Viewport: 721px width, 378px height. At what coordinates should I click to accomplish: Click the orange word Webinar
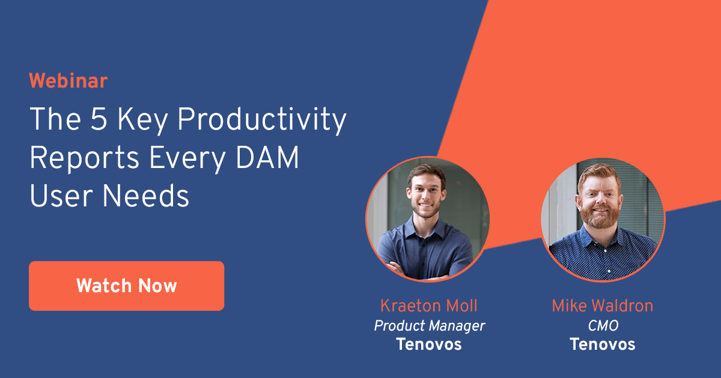68,80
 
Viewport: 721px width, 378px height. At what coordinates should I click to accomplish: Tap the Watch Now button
126,286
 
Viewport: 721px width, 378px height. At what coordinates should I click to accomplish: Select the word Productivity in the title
262,121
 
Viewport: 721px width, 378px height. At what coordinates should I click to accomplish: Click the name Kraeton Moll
428,306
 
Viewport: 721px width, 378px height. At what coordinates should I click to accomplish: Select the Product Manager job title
429,325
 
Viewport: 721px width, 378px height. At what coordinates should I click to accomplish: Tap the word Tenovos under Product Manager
428,344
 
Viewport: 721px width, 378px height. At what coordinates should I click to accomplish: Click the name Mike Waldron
602,306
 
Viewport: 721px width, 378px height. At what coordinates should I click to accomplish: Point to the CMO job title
603,325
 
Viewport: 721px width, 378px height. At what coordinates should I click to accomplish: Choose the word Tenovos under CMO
602,344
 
